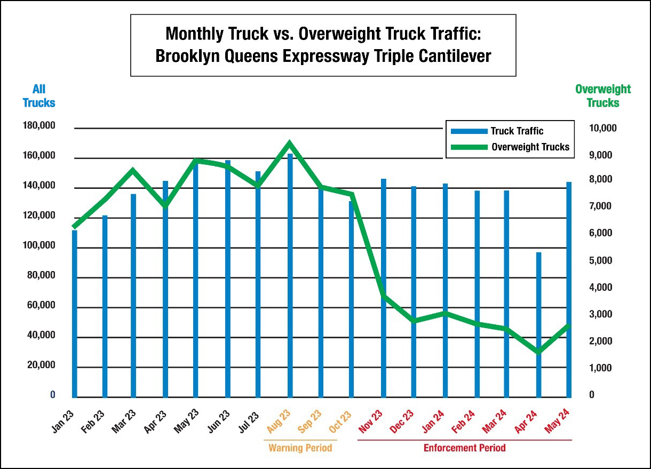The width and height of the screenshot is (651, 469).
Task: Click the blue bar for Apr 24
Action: (539, 325)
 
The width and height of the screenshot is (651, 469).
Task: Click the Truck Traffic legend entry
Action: (497, 131)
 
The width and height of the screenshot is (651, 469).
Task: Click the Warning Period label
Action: (300, 448)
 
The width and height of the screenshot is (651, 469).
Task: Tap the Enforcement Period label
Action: (464, 448)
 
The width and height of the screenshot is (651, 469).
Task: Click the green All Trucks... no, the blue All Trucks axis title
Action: (39, 96)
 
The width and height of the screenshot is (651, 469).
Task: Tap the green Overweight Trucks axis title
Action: (603, 96)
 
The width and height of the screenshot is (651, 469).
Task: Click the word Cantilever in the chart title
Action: (450, 56)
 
